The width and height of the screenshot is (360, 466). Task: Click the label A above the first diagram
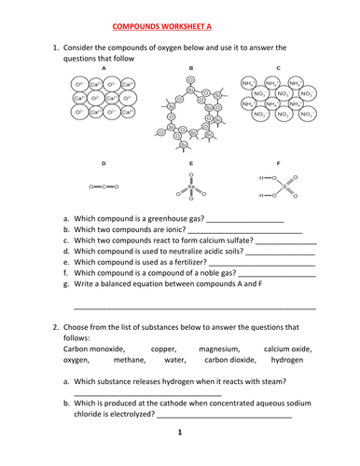click(103, 69)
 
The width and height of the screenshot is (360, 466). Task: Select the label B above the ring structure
click(190, 69)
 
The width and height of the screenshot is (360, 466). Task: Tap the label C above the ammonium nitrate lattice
click(279, 69)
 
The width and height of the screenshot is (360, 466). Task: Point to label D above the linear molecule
click(103, 163)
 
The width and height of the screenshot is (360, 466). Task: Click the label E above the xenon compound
click(190, 163)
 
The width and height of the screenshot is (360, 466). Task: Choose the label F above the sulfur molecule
click(279, 163)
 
